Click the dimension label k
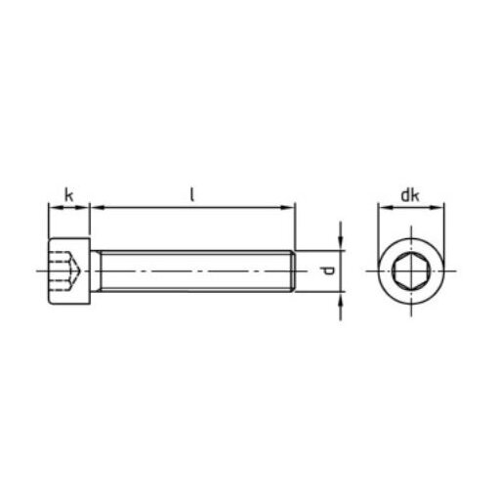(x=68, y=195)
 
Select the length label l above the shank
(x=192, y=194)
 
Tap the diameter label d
(x=328, y=269)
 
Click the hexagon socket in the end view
(x=410, y=269)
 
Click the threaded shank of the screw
(x=195, y=269)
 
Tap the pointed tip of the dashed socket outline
(x=80, y=269)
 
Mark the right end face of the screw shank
(x=294, y=269)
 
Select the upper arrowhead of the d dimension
(x=339, y=242)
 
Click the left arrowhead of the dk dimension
(x=379, y=207)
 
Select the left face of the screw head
(x=47, y=269)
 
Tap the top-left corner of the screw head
(x=48, y=237)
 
